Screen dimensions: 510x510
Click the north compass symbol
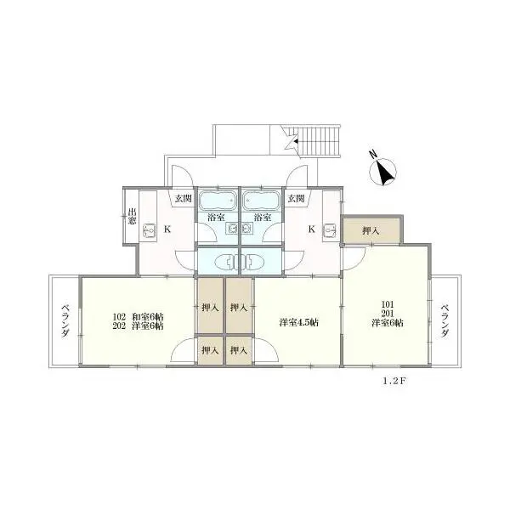382,170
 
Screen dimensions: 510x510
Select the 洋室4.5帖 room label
298,322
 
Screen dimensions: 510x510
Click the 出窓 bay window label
132,217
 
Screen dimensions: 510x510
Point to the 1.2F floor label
394,381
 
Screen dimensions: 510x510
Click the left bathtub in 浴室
218,201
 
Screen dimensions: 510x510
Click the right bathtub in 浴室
262,201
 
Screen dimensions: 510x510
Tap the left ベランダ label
65,321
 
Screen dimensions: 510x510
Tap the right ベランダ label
445,321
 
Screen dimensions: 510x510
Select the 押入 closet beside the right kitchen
371,230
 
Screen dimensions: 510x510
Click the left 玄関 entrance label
183,198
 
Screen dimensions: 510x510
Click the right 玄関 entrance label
297,198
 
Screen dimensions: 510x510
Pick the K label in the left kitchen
167,229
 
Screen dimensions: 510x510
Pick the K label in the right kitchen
312,229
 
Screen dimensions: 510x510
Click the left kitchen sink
149,230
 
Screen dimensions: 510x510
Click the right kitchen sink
330,230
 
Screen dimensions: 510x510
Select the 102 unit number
119,316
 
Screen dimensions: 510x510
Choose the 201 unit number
388,314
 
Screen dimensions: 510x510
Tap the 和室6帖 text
148,316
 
